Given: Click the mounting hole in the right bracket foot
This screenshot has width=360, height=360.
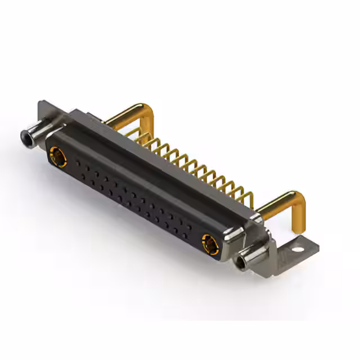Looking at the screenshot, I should pos(296,245).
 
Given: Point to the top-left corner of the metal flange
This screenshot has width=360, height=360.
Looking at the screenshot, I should pos(40,103).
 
